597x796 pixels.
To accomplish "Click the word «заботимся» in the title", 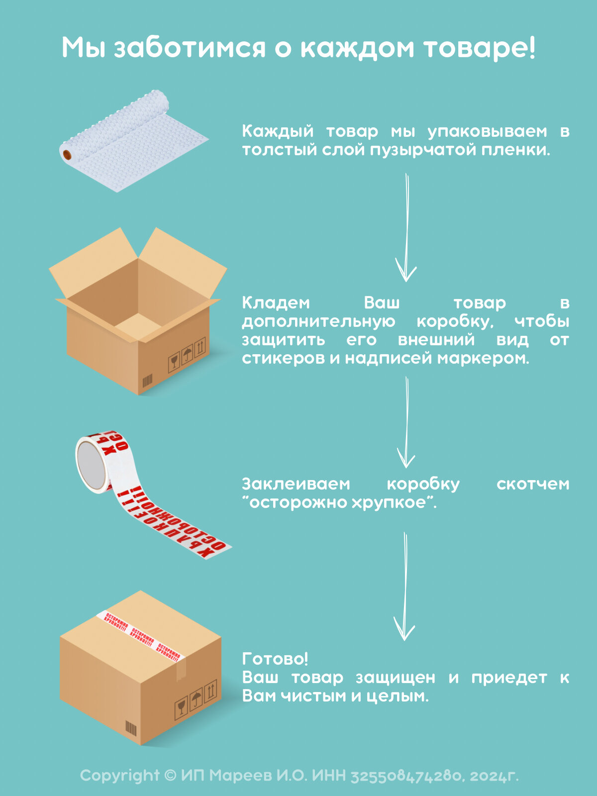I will (x=190, y=49).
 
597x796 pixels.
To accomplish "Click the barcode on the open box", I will (x=147, y=381).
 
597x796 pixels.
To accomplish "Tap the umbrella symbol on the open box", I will (x=187, y=355).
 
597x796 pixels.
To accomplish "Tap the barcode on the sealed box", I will (x=130, y=728).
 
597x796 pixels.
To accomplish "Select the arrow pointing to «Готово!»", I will (x=404, y=587).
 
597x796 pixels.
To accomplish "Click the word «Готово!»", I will (x=275, y=659).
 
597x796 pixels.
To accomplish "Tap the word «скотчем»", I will (x=533, y=484).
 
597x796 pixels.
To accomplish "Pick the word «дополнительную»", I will (x=318, y=321).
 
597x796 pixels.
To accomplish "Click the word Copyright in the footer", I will (x=119, y=775).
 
